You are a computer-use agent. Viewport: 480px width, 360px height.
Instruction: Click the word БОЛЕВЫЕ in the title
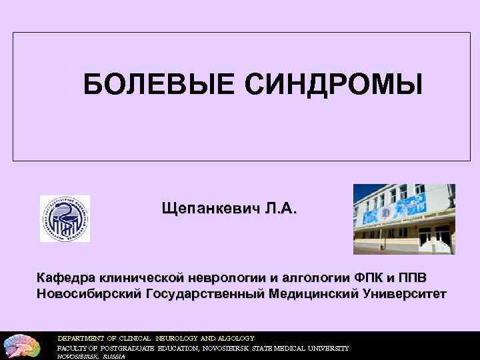(x=160, y=85)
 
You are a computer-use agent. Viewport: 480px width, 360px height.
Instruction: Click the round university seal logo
(x=65, y=219)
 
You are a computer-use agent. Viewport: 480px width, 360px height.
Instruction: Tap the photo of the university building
(x=404, y=219)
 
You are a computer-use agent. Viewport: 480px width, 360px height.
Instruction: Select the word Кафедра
(x=65, y=277)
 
